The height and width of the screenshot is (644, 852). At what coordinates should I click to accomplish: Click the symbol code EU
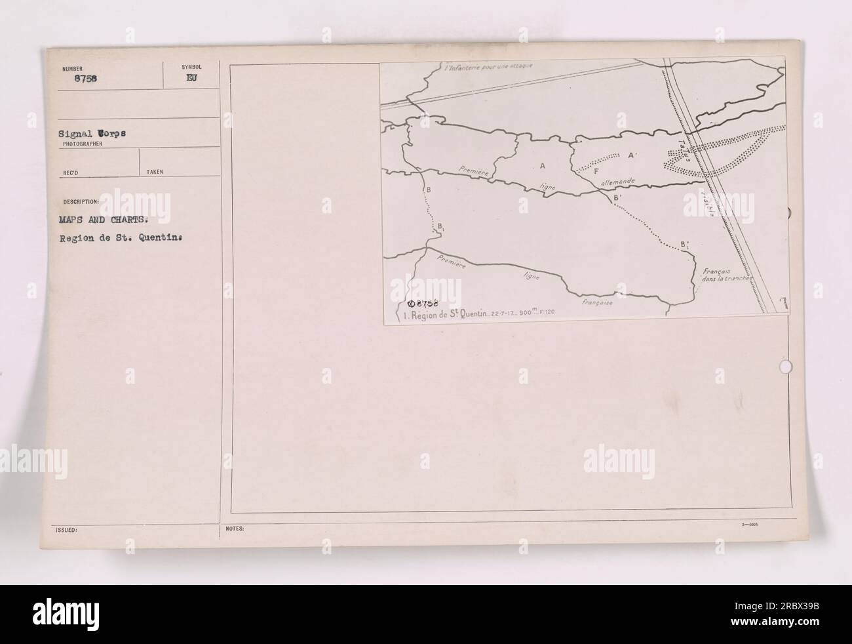[191, 77]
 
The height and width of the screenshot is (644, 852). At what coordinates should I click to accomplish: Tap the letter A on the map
[543, 165]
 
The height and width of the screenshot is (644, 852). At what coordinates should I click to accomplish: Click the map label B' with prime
[617, 197]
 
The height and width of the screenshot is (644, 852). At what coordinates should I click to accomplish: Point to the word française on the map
[596, 303]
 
